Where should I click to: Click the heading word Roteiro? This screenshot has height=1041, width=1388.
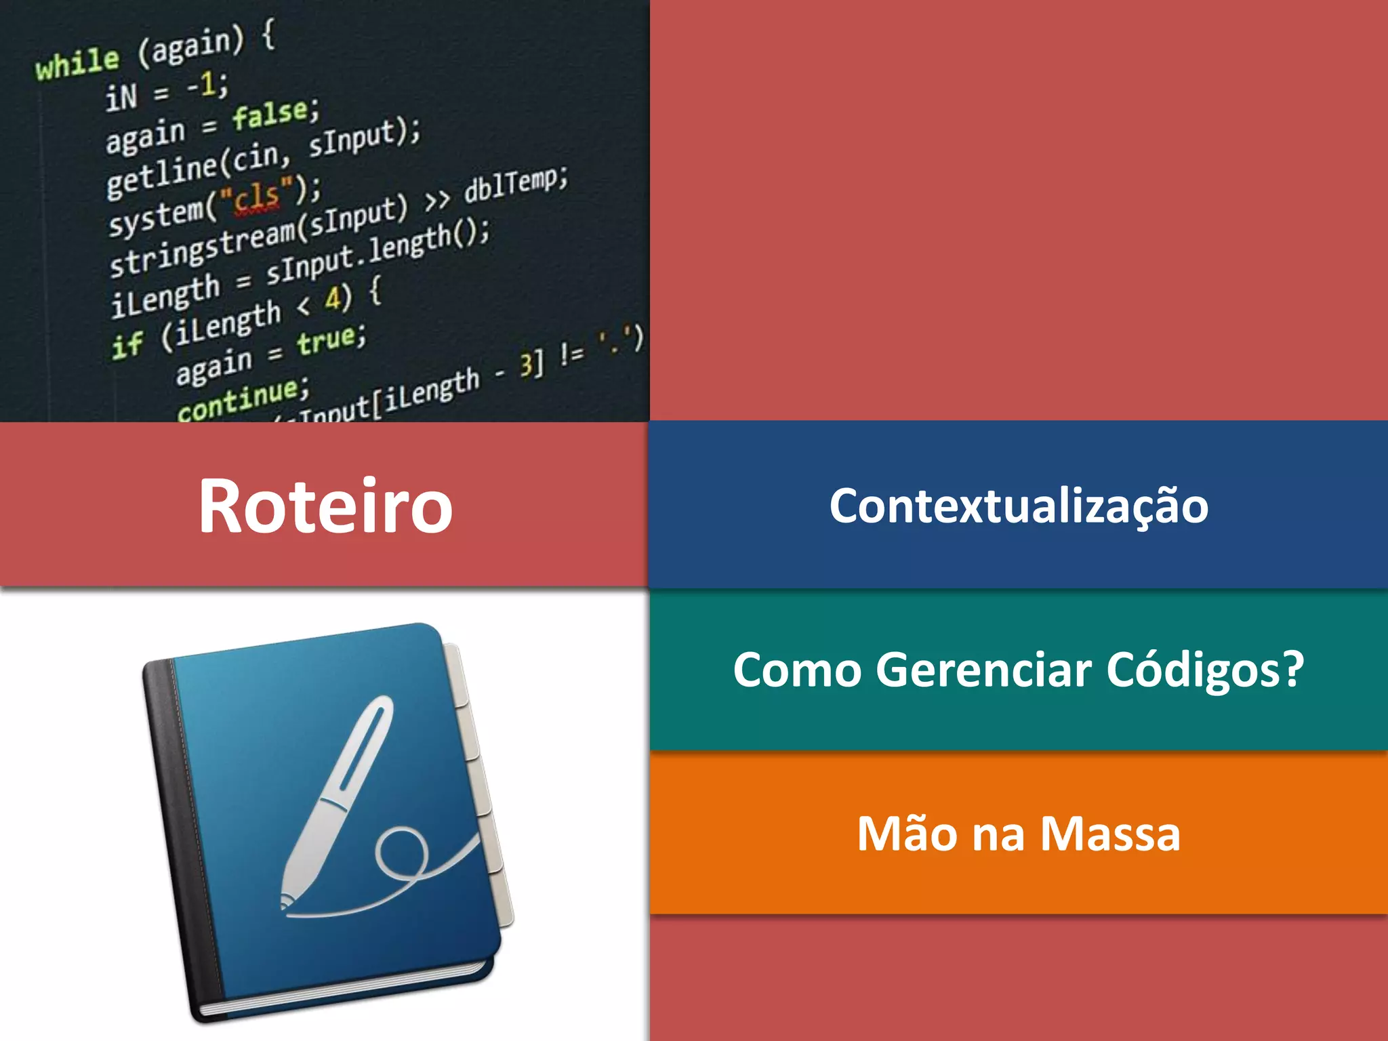pos(325,506)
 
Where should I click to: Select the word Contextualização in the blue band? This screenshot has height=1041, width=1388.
pos(1019,506)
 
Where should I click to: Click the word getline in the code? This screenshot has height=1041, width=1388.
pos(163,176)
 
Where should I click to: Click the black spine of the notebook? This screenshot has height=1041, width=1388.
pos(183,834)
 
